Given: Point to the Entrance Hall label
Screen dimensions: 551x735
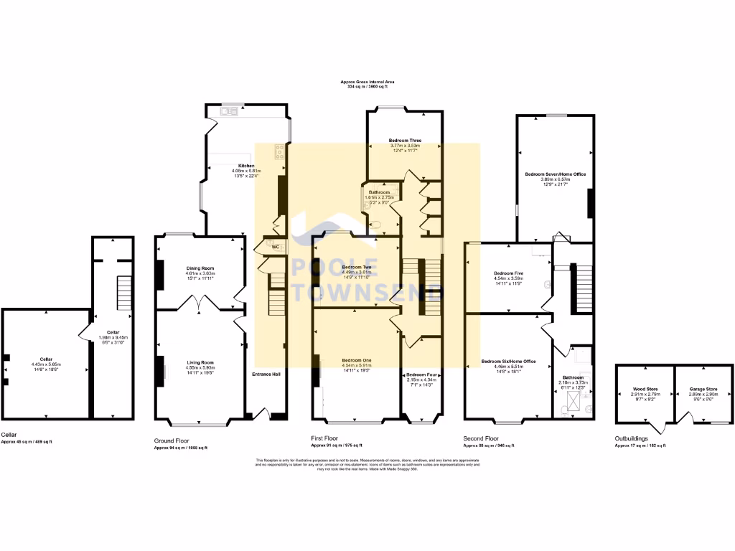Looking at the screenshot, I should click(266, 375).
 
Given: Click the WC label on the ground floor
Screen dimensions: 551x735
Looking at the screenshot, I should click(273, 246).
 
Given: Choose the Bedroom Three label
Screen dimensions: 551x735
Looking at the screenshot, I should click(405, 140).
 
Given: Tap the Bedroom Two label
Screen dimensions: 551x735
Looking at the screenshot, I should click(356, 267).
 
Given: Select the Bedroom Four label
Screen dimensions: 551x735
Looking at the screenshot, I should click(421, 375).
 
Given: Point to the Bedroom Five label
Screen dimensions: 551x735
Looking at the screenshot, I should click(508, 273).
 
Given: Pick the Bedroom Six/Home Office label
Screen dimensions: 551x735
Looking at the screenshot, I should click(508, 361).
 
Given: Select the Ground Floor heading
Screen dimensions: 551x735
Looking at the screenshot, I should click(172, 440).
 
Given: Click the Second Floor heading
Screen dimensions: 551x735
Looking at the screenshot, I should click(482, 438).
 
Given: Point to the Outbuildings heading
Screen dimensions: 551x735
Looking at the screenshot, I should click(632, 438).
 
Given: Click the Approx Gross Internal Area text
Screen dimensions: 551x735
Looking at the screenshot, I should click(367, 83).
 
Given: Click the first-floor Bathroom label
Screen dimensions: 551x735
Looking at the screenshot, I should click(380, 192).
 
